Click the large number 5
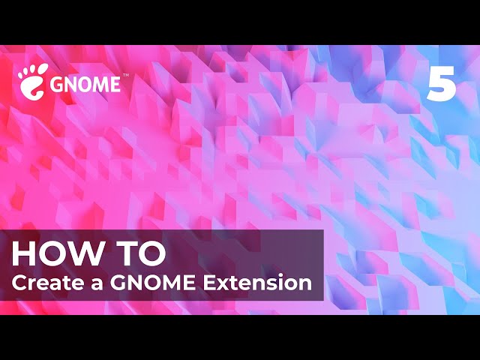pos(442,83)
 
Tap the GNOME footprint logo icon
pos(32,82)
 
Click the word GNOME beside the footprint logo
pos(85,85)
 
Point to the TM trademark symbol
pos(125,75)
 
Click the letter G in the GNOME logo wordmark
pos(57,85)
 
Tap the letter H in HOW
pos(22,253)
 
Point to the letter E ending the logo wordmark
pos(115,85)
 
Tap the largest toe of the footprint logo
pos(41,70)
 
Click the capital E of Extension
pos(209,283)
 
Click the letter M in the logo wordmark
pos(100,85)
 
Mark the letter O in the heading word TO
pos(151,253)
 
